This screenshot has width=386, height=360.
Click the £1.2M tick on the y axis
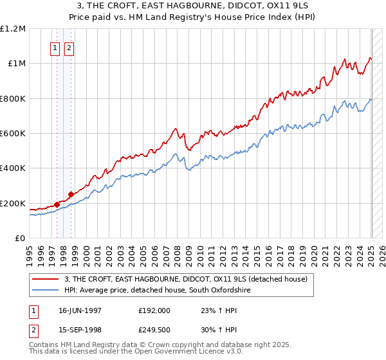pos(13,28)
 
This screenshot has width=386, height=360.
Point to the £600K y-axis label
pos(13,134)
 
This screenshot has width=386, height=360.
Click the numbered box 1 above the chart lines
pos(55,48)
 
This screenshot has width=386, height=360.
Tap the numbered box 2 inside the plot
pos(69,48)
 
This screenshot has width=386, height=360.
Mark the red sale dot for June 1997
pos(57,205)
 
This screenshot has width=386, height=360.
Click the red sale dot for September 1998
pos(71,195)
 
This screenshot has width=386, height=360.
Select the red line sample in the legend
pos(46,279)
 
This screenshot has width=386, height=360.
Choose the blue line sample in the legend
pos(46,291)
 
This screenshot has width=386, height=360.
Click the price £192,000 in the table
pos(154,310)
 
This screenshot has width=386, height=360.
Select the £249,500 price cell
pos(154,330)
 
